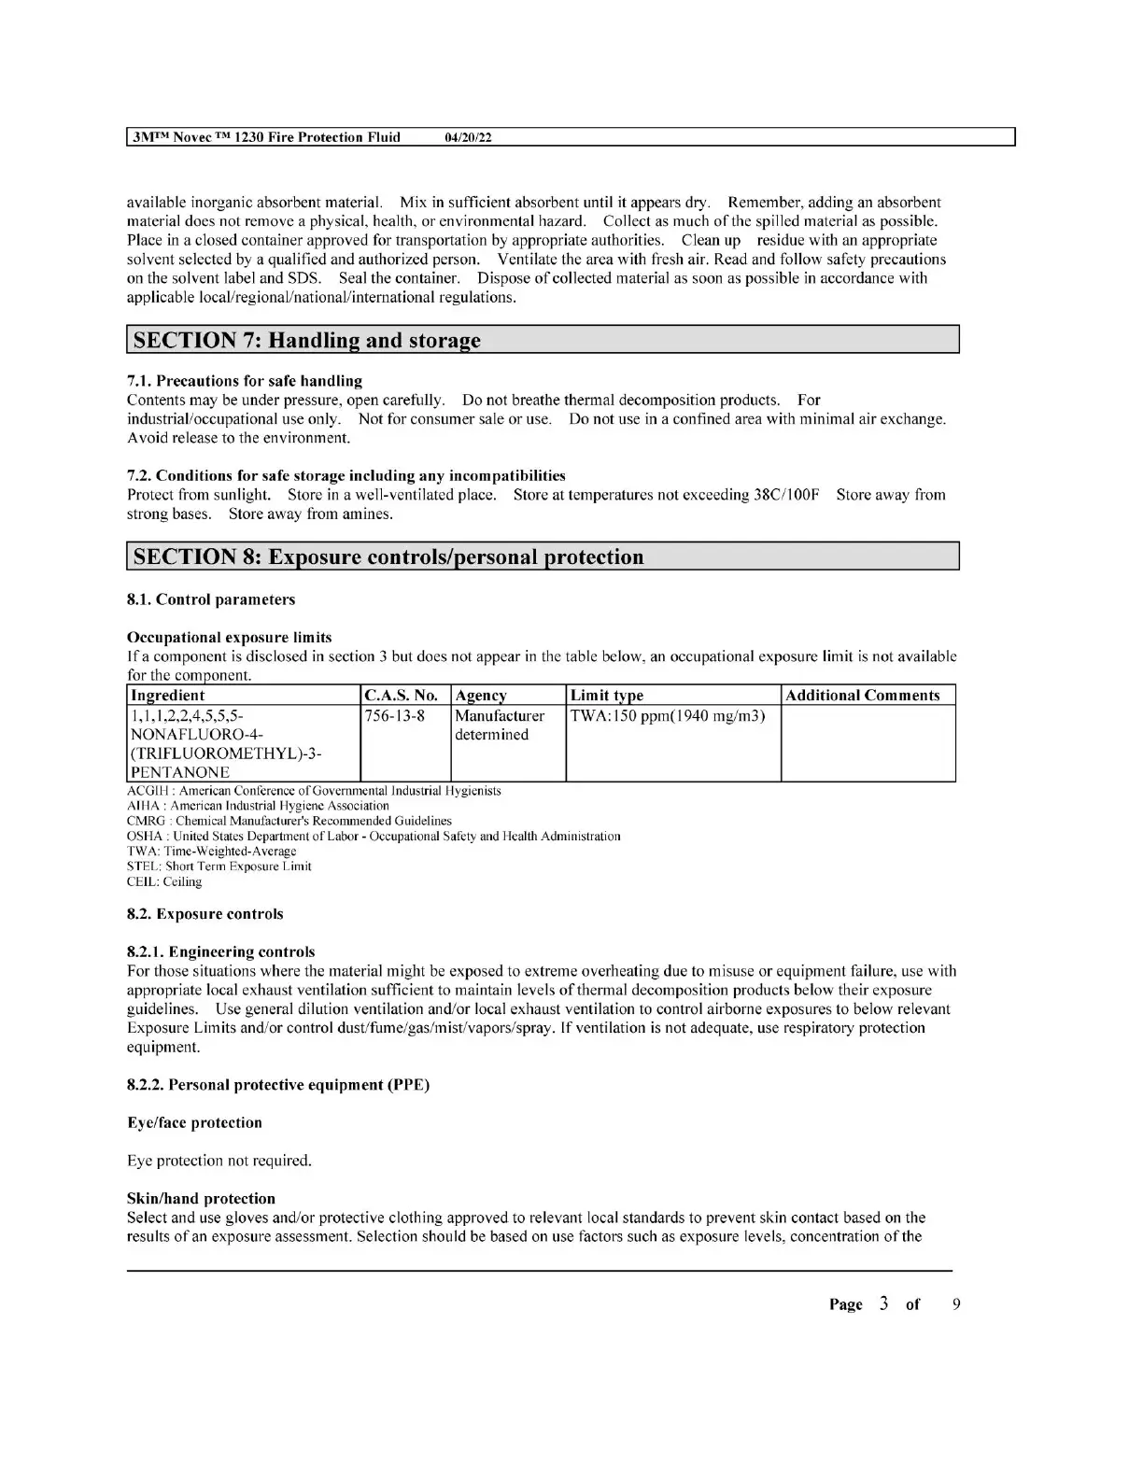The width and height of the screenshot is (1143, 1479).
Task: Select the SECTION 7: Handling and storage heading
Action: [307, 340]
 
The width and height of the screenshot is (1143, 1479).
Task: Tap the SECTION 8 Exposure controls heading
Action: [388, 557]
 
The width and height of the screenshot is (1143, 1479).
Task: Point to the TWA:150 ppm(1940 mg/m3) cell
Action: [668, 716]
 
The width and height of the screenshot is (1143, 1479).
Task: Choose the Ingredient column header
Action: [168, 696]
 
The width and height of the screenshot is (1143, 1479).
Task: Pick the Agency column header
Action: [481, 696]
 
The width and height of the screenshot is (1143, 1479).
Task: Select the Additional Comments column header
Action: [863, 696]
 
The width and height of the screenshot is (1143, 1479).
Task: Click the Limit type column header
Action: [607, 696]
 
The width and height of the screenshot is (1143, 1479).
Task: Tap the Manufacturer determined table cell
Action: [500, 725]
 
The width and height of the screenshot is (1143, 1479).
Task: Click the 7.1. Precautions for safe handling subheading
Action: [245, 381]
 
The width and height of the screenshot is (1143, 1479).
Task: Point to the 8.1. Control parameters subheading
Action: [211, 599]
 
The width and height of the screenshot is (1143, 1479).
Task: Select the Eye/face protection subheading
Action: [194, 1122]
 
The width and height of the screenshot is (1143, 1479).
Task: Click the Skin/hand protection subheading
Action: [201, 1199]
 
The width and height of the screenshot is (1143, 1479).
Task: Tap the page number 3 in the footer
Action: [883, 1304]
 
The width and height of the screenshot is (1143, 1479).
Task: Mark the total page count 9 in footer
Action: [955, 1304]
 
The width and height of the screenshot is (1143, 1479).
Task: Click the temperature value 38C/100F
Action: [786, 495]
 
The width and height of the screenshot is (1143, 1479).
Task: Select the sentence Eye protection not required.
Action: [219, 1161]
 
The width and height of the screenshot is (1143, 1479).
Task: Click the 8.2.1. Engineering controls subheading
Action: [221, 952]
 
